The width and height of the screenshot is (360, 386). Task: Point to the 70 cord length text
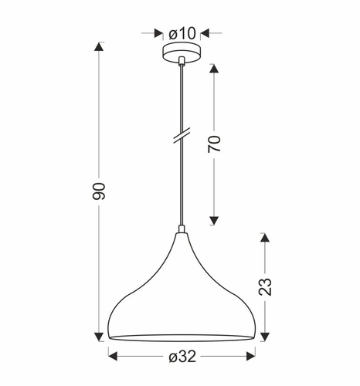pyautogui.click(x=215, y=144)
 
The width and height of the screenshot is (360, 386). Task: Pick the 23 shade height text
pyautogui.click(x=265, y=287)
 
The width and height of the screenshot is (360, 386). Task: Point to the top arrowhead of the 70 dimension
pyautogui.click(x=215, y=69)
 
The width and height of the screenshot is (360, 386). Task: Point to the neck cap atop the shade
pyautogui.click(x=181, y=230)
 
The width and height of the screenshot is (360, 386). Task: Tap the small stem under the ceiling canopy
pyautogui.click(x=181, y=62)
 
